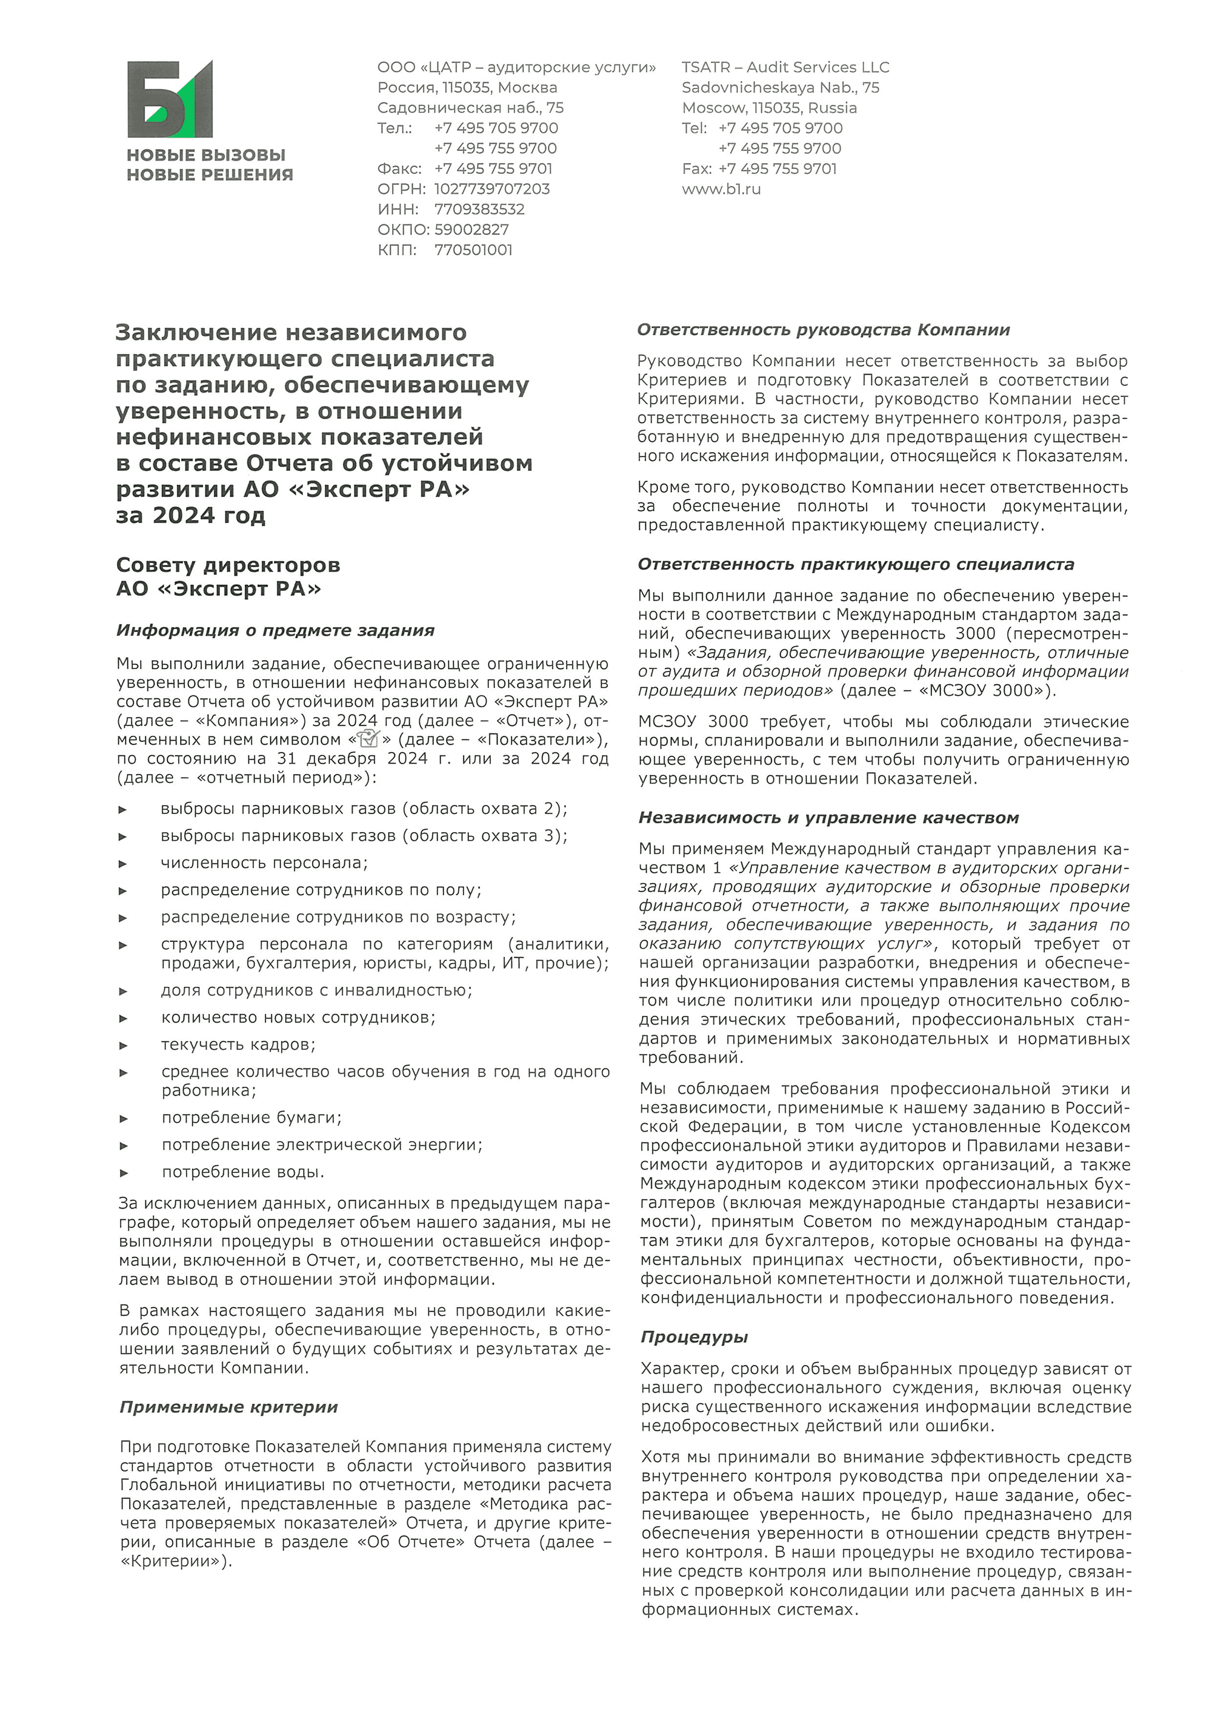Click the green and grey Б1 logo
tap(170, 99)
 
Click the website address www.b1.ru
tap(721, 189)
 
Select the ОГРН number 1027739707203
tap(492, 189)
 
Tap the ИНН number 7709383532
tap(479, 209)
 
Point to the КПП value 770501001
tap(473, 250)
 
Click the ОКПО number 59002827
tap(471, 230)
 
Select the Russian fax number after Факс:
tap(493, 168)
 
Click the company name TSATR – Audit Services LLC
tap(785, 67)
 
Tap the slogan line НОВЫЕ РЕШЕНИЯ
tap(210, 175)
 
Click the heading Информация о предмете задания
tap(275, 630)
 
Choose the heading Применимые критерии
tap(228, 1407)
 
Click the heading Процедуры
tap(693, 1337)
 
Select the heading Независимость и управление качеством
tap(828, 818)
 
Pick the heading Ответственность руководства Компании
tap(823, 330)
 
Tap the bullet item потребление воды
tap(242, 1172)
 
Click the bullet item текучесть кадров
tap(238, 1044)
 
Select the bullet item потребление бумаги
tap(251, 1118)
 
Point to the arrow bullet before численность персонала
tap(123, 864)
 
